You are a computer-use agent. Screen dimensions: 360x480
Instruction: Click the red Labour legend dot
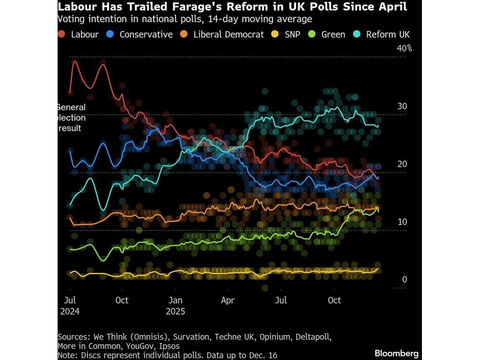tap(61, 35)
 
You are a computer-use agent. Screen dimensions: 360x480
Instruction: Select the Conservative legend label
tap(146, 35)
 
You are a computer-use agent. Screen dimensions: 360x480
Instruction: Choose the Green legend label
tap(333, 35)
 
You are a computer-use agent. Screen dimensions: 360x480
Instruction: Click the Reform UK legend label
tap(388, 35)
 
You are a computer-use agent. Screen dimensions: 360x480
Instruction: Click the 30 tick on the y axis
tap(402, 106)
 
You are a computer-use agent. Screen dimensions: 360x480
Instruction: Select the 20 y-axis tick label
tap(402, 164)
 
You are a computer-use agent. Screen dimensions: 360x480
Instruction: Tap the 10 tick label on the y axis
tap(402, 222)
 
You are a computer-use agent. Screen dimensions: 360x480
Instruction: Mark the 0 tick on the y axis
tap(405, 279)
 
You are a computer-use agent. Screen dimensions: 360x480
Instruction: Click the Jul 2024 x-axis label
tap(71, 305)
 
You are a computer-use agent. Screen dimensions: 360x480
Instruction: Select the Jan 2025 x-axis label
tap(175, 305)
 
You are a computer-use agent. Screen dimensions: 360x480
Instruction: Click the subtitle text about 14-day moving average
tap(185, 19)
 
